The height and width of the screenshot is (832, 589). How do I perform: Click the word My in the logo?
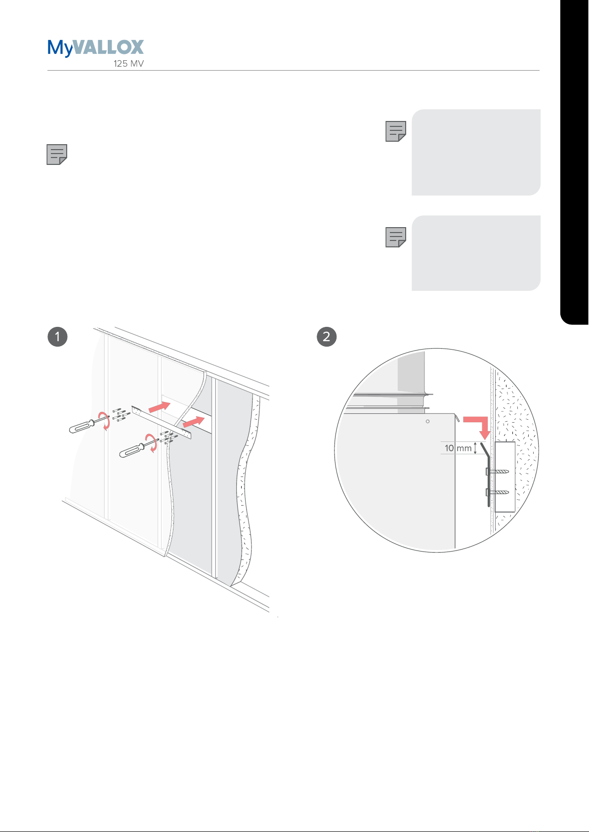[x=60, y=48]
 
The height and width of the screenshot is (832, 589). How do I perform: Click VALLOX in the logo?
[x=108, y=47]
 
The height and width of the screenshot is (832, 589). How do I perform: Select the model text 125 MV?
[x=128, y=64]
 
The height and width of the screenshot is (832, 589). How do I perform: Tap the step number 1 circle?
[x=58, y=337]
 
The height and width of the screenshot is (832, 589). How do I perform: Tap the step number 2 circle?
[x=327, y=337]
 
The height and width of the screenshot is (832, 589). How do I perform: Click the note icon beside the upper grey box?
[x=396, y=131]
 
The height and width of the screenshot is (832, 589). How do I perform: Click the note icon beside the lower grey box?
[x=396, y=238]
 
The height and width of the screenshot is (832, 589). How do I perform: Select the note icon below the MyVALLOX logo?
[x=57, y=155]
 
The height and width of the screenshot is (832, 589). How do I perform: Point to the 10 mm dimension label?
[x=458, y=448]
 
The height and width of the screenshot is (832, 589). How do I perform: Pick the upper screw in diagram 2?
[x=498, y=472]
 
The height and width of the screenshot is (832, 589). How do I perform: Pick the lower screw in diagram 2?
[x=498, y=492]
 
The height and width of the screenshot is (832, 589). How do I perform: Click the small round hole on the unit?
[x=428, y=421]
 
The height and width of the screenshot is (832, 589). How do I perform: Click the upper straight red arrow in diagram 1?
[x=160, y=407]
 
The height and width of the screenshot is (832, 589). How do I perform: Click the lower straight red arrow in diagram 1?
[x=194, y=422]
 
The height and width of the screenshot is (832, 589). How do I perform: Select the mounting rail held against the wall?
[x=161, y=422]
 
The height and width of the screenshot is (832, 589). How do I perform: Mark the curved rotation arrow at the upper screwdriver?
[x=105, y=421]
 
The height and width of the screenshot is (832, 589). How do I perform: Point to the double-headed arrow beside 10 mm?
[x=475, y=448]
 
